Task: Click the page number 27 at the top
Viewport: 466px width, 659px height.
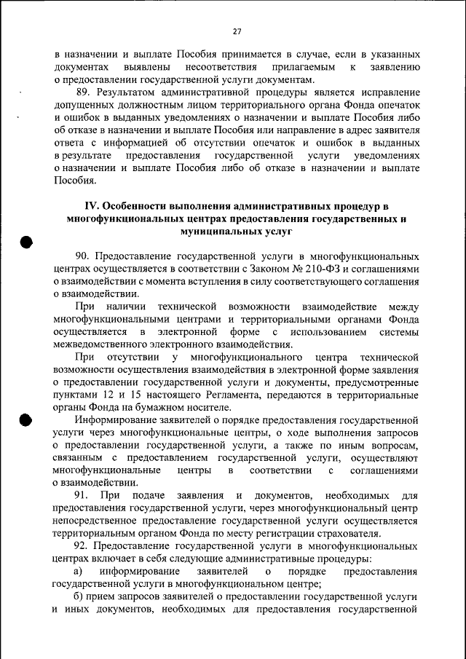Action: (x=237, y=31)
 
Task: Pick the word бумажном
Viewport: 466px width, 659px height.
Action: (x=165, y=406)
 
